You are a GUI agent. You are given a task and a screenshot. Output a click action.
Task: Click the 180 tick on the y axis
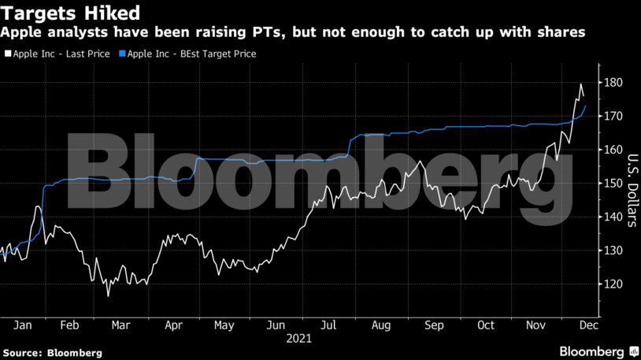(x=614, y=83)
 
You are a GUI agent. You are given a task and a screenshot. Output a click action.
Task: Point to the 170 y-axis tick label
(x=614, y=117)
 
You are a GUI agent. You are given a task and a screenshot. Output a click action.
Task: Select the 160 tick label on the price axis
(x=614, y=150)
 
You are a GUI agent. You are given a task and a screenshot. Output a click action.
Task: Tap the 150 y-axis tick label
(x=614, y=184)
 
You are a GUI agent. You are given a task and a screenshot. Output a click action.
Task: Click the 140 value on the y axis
(x=614, y=217)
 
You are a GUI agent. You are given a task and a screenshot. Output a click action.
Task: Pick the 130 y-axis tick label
(x=614, y=251)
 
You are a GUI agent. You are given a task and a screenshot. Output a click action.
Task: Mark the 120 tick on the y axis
(x=614, y=284)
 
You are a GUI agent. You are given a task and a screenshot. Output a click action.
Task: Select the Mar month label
(x=120, y=324)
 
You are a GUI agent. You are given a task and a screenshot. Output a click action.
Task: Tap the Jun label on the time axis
(x=276, y=324)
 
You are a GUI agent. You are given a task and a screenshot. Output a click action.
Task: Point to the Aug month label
(x=380, y=324)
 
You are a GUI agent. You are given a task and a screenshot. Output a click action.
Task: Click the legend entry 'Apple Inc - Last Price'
(x=58, y=54)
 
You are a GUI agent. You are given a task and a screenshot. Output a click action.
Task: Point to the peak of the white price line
(x=580, y=84)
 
